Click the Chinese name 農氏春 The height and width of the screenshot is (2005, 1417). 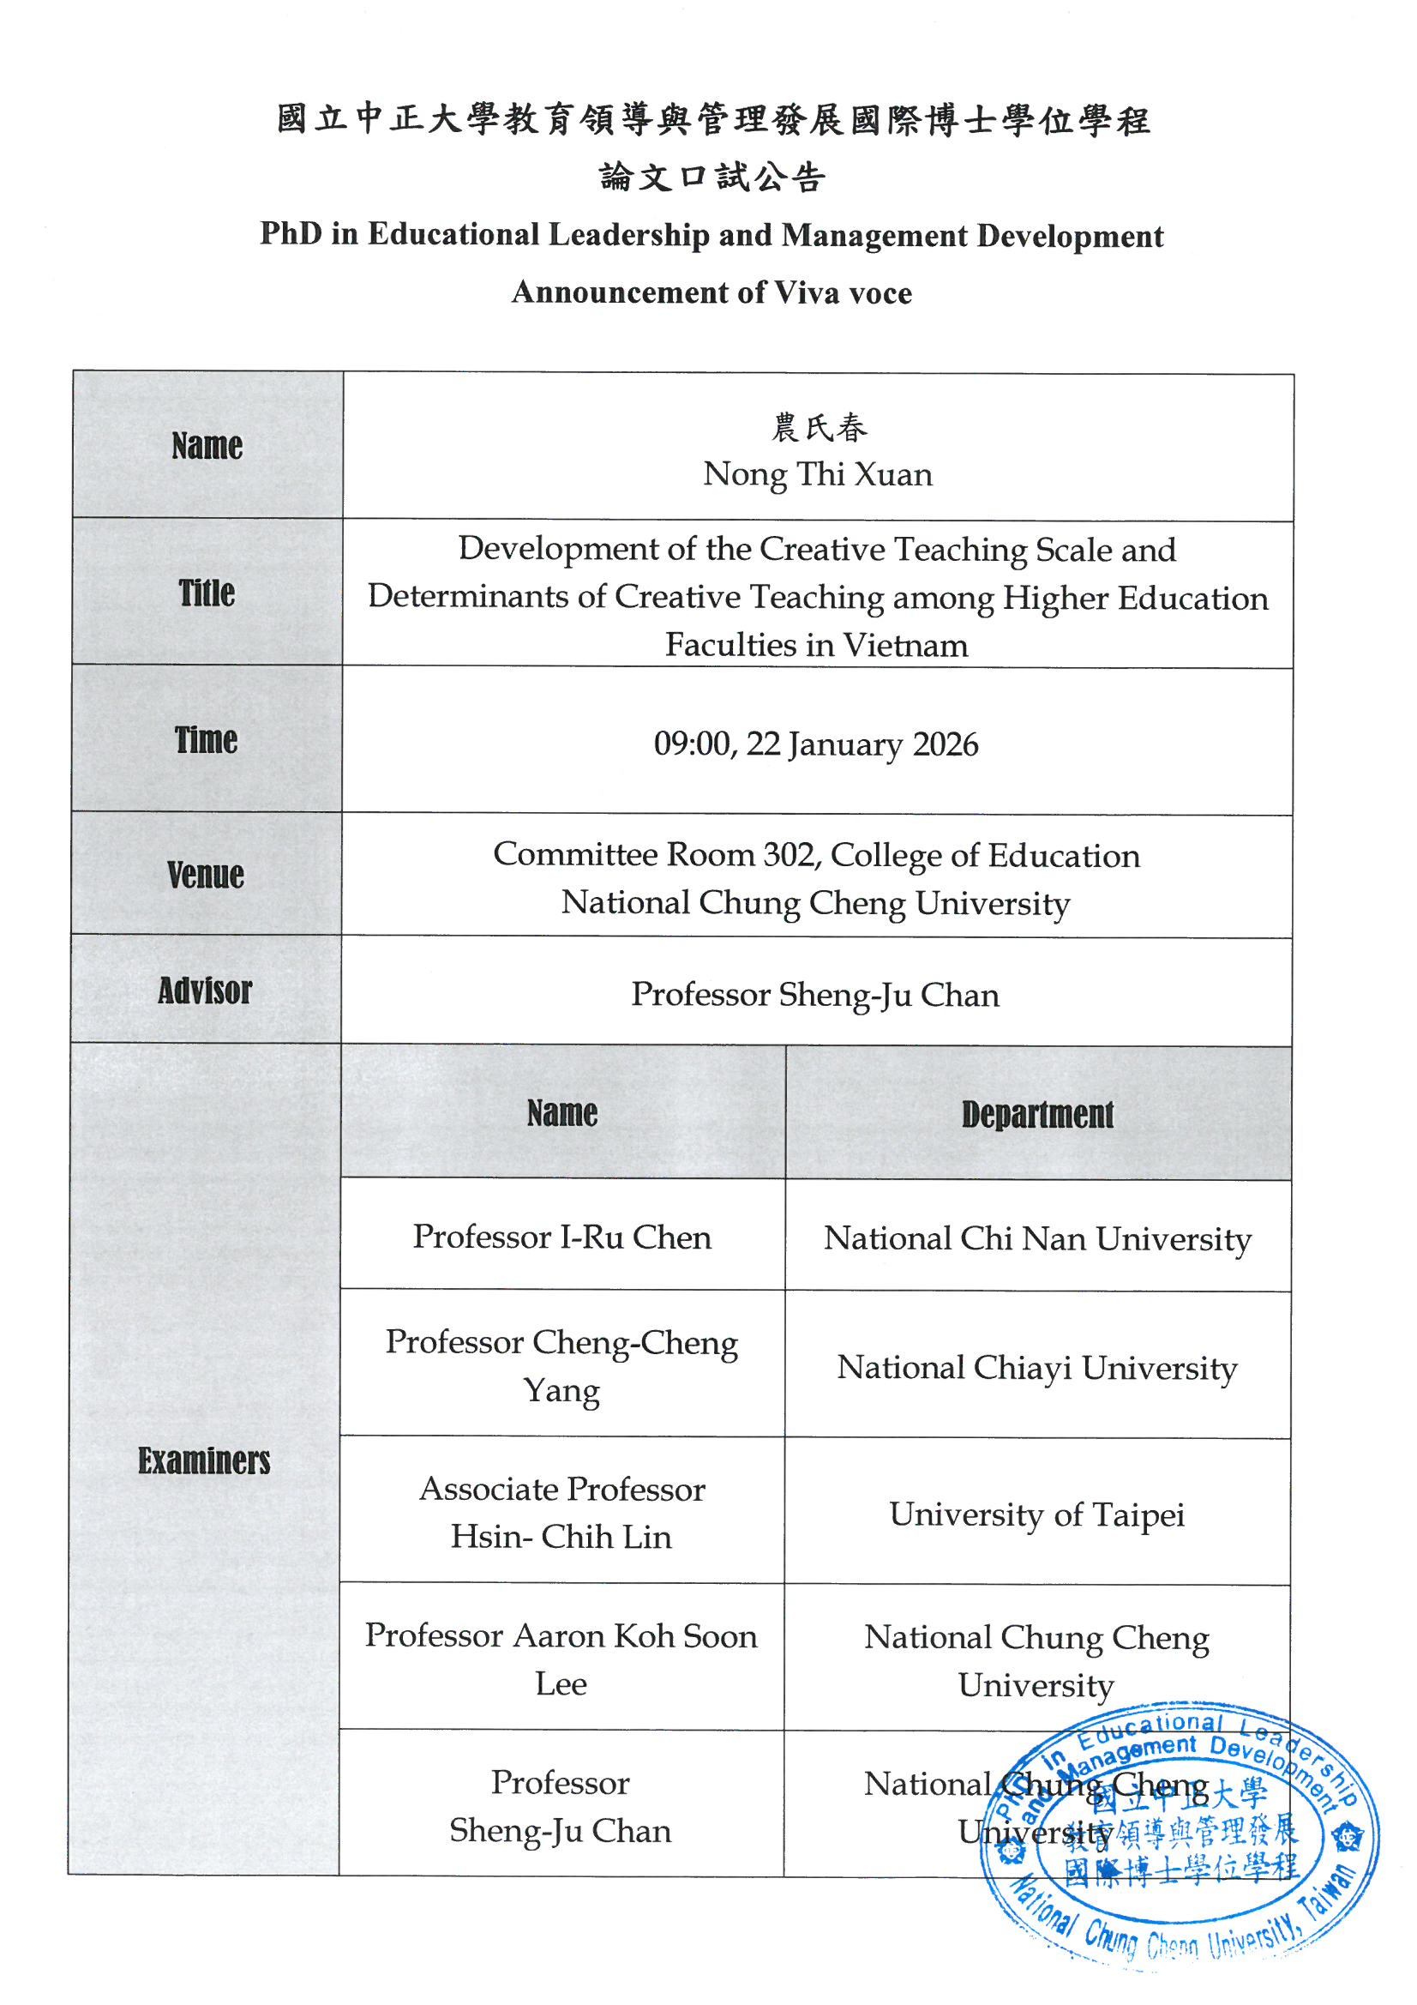tap(819, 428)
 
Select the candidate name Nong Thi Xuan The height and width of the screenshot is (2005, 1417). tap(818, 474)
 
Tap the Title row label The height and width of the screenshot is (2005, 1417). tap(207, 593)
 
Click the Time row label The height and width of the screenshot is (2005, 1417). tap(206, 739)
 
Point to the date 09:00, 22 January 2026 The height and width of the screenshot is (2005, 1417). tap(815, 744)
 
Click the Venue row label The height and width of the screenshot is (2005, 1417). tap(206, 874)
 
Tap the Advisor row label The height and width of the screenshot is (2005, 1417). tap(205, 990)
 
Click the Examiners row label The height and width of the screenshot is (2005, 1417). tap(204, 1460)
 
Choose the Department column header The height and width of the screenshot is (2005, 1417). tap(1037, 1114)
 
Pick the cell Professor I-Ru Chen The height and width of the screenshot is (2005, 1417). tap(562, 1237)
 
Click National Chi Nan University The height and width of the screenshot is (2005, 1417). tap(1037, 1239)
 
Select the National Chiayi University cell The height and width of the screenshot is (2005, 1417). tap(1037, 1368)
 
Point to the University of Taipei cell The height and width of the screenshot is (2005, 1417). tap(1037, 1514)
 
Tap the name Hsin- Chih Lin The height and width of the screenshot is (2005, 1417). tap(561, 1537)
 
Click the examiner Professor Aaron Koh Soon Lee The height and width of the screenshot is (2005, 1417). tap(561, 1659)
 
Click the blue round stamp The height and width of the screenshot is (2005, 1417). tap(1179, 1843)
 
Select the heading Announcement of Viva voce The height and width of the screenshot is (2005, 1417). tap(712, 292)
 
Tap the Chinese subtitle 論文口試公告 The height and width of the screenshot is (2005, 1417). tap(712, 178)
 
